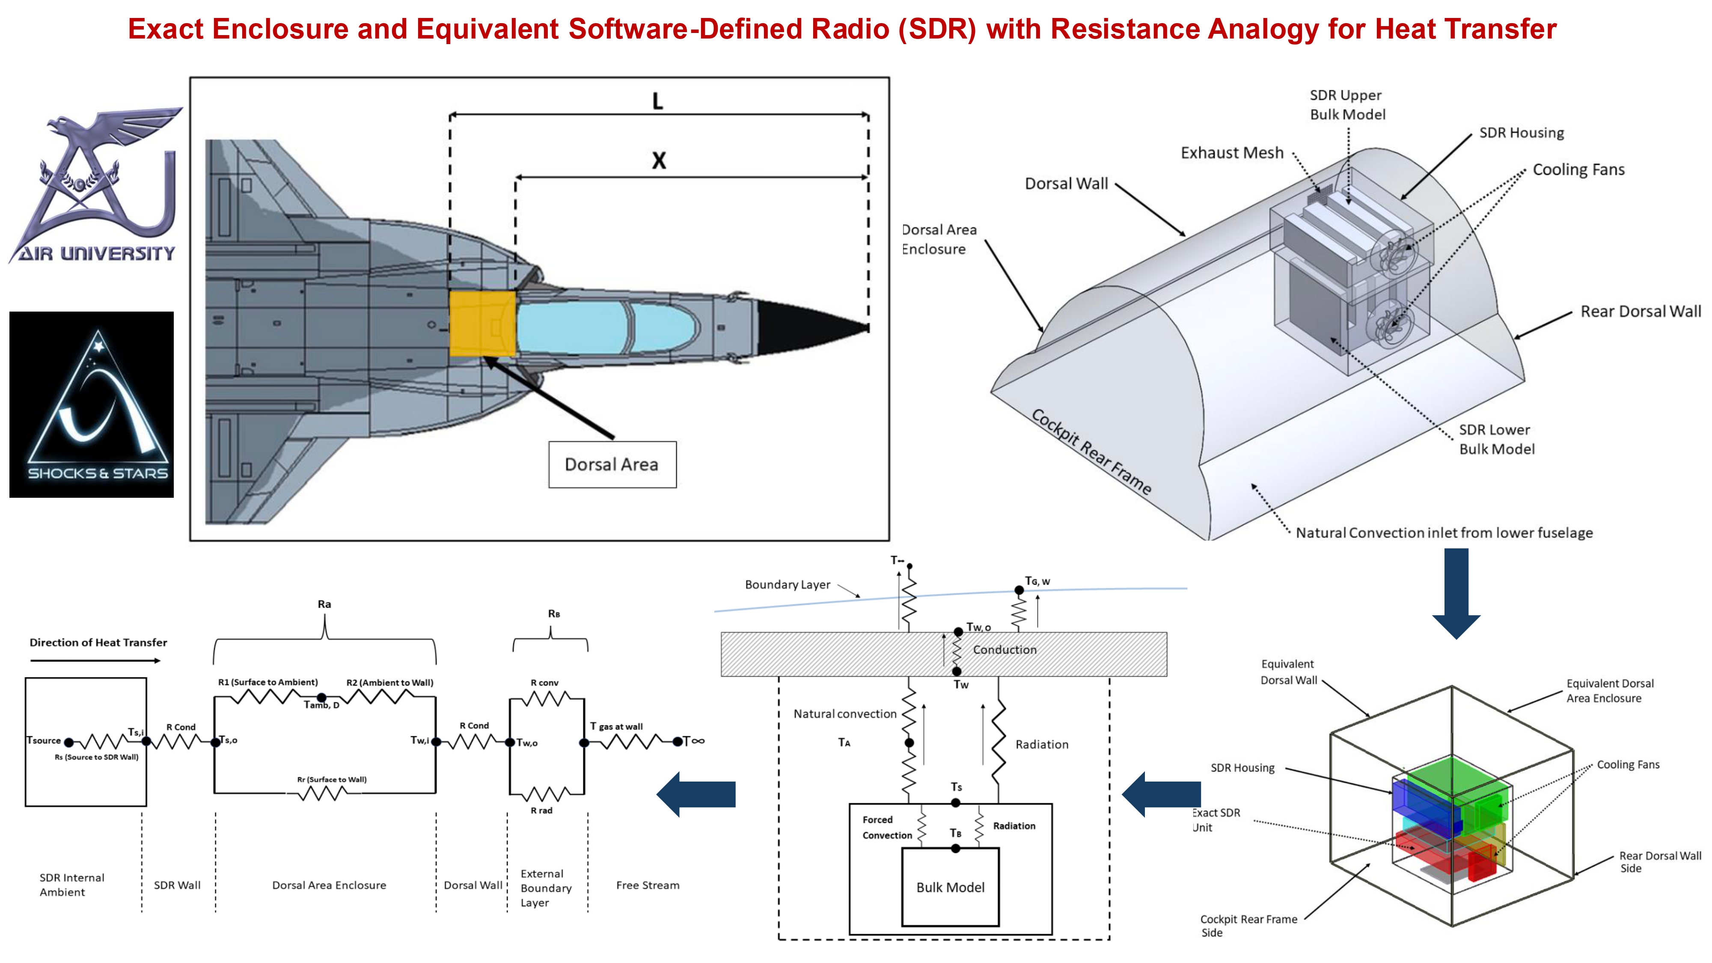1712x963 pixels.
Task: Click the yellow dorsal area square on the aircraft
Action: coord(482,323)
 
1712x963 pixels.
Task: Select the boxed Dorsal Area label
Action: coord(612,464)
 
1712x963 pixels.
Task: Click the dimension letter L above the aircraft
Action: coord(657,101)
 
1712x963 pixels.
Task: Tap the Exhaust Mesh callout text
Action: coord(1231,153)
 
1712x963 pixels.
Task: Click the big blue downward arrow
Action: coord(1456,591)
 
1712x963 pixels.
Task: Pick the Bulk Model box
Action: coord(950,887)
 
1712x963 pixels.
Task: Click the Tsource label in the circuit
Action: coord(44,740)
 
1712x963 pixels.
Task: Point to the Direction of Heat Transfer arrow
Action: coord(95,660)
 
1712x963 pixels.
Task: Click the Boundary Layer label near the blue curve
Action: coord(787,585)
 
